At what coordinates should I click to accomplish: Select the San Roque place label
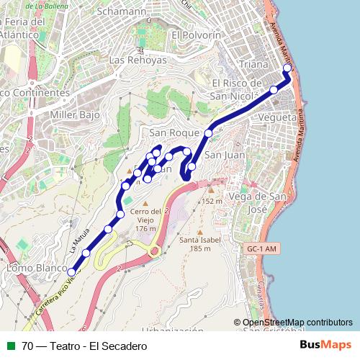(174, 133)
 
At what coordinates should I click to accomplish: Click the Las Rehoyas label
(138, 60)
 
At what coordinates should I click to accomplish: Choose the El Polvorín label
(196, 35)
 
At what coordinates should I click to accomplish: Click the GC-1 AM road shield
(261, 249)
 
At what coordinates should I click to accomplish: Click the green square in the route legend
(11, 346)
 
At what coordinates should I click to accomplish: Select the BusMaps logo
(326, 346)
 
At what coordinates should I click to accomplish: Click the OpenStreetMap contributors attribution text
(297, 323)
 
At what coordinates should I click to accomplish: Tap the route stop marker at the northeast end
(287, 69)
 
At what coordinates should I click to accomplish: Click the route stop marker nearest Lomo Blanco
(71, 272)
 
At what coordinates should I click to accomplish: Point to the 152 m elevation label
(212, 201)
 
